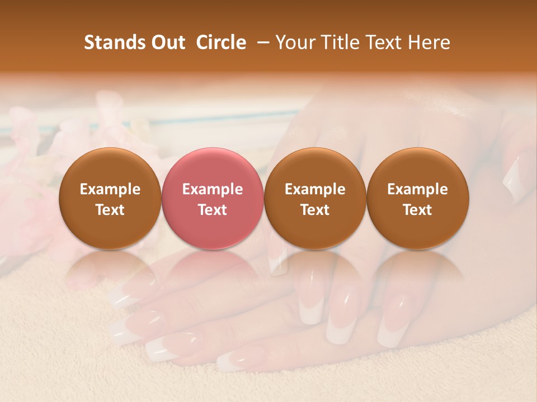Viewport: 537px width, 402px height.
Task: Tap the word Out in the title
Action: click(x=167, y=42)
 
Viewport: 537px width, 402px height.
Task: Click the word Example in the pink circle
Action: click(x=213, y=189)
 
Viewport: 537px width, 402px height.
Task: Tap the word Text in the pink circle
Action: click(x=213, y=210)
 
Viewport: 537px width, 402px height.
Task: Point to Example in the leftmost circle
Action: click(x=110, y=189)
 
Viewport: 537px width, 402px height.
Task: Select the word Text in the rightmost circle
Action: click(x=417, y=210)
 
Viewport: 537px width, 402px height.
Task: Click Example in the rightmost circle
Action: click(x=417, y=189)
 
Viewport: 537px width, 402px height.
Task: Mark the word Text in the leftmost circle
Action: click(x=110, y=210)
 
